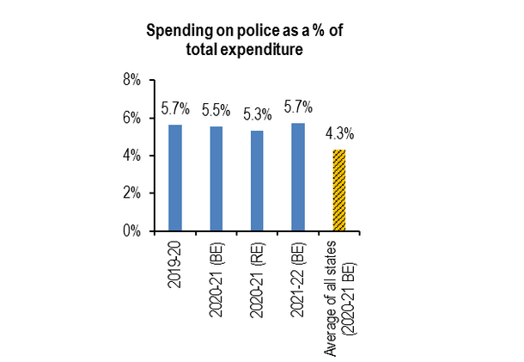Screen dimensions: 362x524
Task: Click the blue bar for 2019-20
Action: [174, 178]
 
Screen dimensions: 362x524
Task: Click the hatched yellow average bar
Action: [339, 190]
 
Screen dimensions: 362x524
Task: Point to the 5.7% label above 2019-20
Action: [174, 112]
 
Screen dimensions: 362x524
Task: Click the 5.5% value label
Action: [216, 112]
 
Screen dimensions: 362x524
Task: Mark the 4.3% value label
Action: [339, 134]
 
